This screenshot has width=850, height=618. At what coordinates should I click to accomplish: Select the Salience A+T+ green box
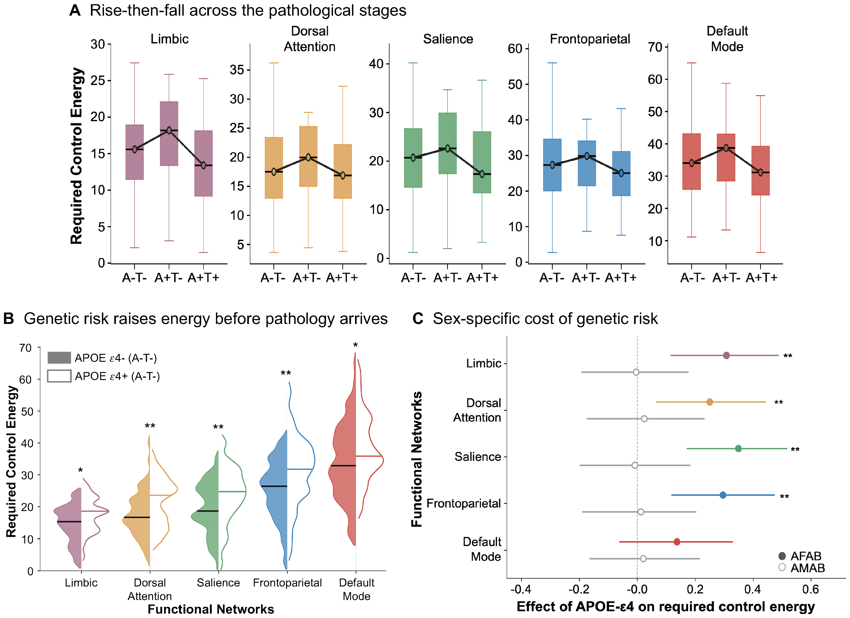click(x=482, y=162)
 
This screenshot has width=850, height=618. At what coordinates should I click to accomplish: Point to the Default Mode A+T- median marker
click(x=726, y=148)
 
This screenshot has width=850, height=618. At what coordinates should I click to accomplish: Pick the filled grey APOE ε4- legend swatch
click(x=59, y=358)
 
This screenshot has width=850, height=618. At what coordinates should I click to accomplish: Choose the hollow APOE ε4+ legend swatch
click(x=59, y=376)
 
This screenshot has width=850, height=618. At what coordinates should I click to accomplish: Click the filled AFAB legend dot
click(x=782, y=556)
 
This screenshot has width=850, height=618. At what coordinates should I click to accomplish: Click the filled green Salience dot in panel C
click(x=738, y=448)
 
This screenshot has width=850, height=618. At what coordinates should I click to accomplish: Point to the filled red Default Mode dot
click(x=677, y=542)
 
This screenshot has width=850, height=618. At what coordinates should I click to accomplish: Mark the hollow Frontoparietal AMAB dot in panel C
click(x=641, y=512)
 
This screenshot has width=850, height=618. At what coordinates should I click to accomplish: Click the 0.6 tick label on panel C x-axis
click(x=810, y=590)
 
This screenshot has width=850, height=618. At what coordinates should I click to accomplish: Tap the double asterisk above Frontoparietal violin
click(x=286, y=373)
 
